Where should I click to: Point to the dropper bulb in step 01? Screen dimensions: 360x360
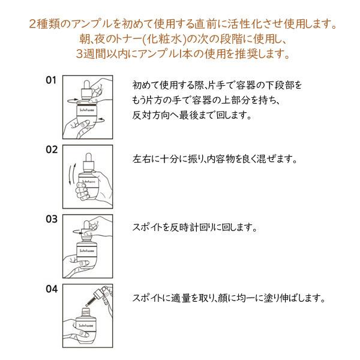point(87,84)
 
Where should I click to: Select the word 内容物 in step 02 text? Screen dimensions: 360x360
point(221,161)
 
